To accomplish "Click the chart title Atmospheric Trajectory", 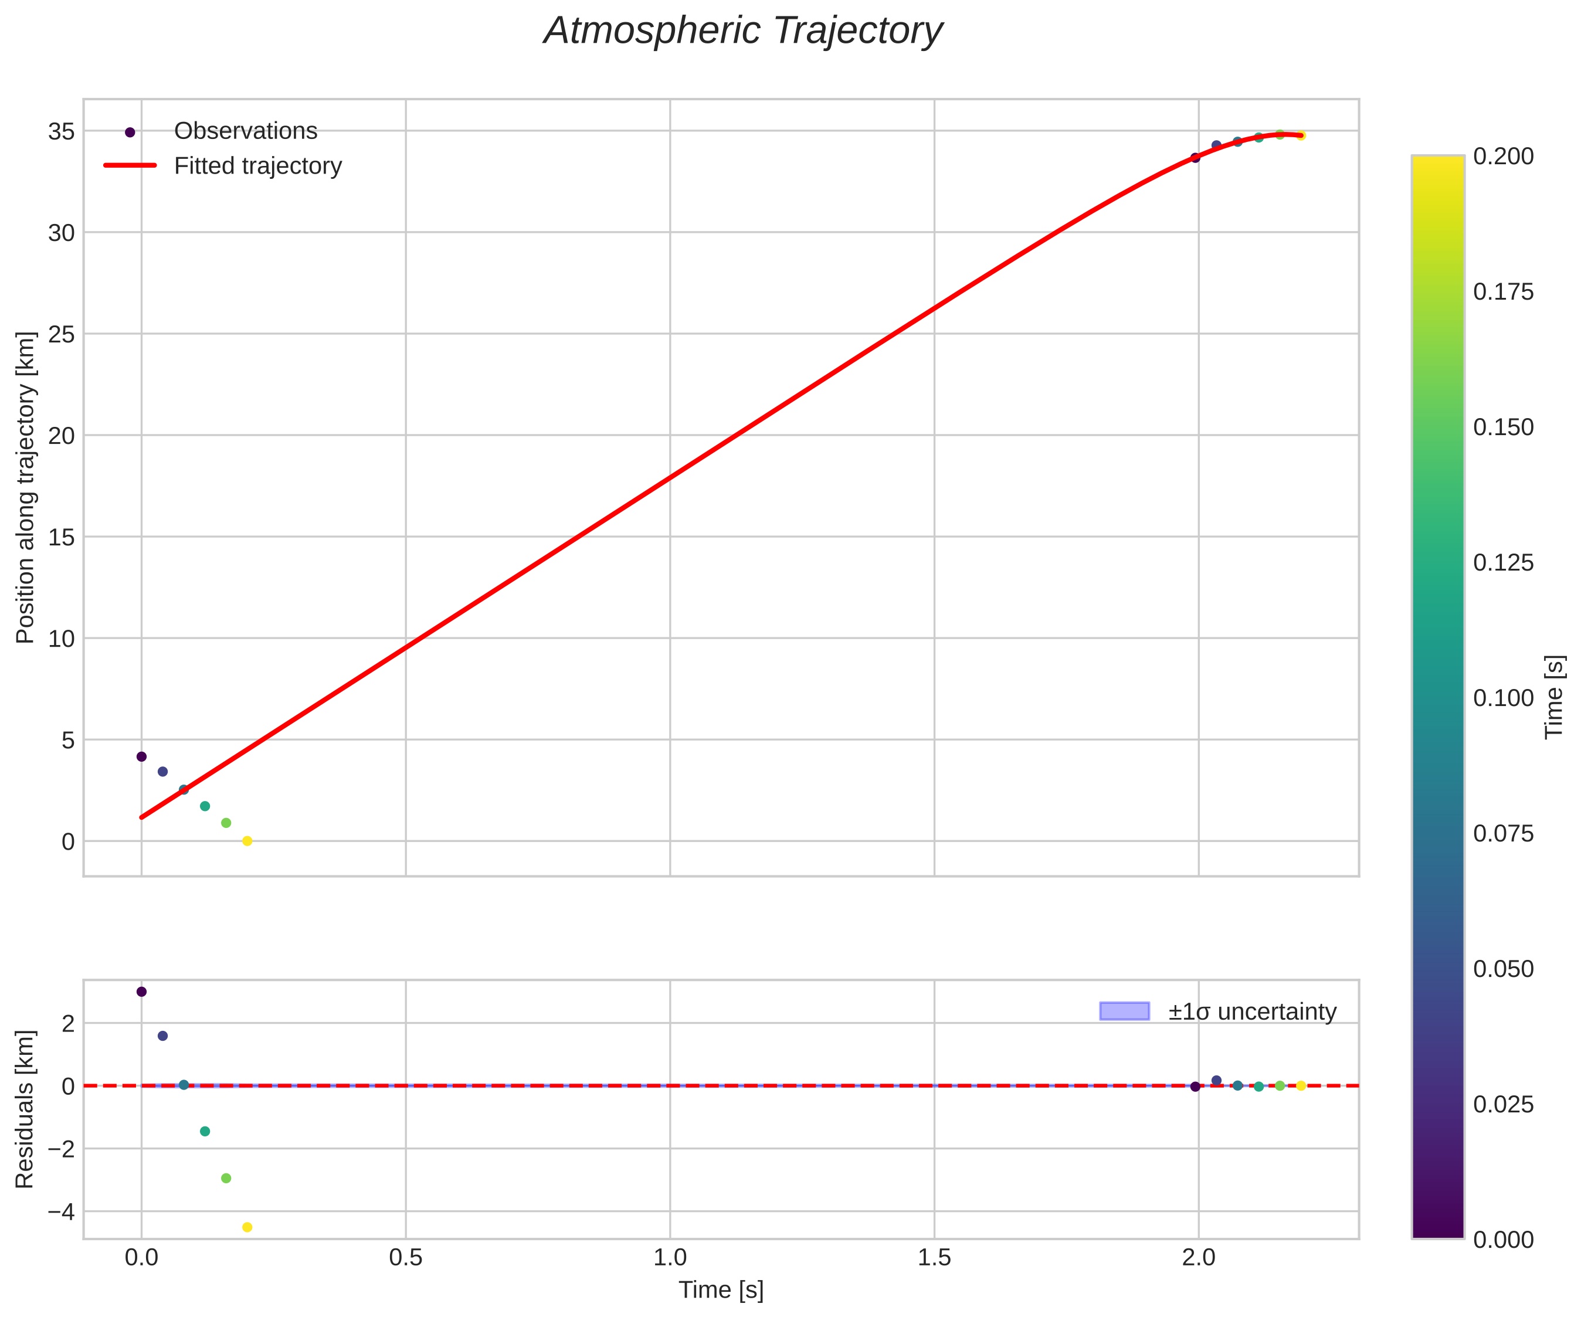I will point(743,32).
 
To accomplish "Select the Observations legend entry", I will point(246,131).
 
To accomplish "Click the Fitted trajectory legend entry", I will point(257,166).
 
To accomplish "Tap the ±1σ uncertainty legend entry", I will point(1252,1011).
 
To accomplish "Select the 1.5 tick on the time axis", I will point(934,1258).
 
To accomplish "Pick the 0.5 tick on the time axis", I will point(406,1258).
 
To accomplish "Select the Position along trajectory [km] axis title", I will point(26,487).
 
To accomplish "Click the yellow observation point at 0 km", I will point(247,841).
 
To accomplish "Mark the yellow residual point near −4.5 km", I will point(247,1227).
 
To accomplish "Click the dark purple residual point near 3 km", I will point(141,992).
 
